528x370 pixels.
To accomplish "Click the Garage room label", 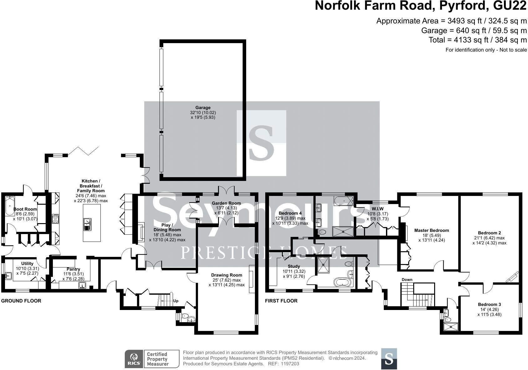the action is (x=203, y=107).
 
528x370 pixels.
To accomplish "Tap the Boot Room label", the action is (x=25, y=209).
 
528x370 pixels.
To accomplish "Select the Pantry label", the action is (x=73, y=269).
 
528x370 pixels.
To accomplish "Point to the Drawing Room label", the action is (x=226, y=275).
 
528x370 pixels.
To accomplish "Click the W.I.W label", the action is (x=378, y=209).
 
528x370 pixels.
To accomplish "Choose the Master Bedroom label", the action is (x=432, y=230).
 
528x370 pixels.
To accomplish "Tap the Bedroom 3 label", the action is (x=489, y=304).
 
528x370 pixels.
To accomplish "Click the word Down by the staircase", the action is (x=407, y=280).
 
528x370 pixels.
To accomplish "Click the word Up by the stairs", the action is (x=175, y=301).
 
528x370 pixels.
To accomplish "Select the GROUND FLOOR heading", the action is (x=21, y=301).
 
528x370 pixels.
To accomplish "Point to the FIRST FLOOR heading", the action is (x=281, y=301).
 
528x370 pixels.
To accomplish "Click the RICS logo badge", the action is (x=134, y=359).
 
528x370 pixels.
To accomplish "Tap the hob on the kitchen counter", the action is (x=55, y=219).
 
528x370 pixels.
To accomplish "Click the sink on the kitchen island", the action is (x=87, y=225).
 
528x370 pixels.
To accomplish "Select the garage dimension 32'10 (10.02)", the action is (x=203, y=112).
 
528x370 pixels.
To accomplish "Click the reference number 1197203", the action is (x=290, y=364).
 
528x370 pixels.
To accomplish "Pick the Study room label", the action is (x=294, y=266).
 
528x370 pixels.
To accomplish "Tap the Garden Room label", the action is (x=226, y=203).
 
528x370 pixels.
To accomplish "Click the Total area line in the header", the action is (x=478, y=40).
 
